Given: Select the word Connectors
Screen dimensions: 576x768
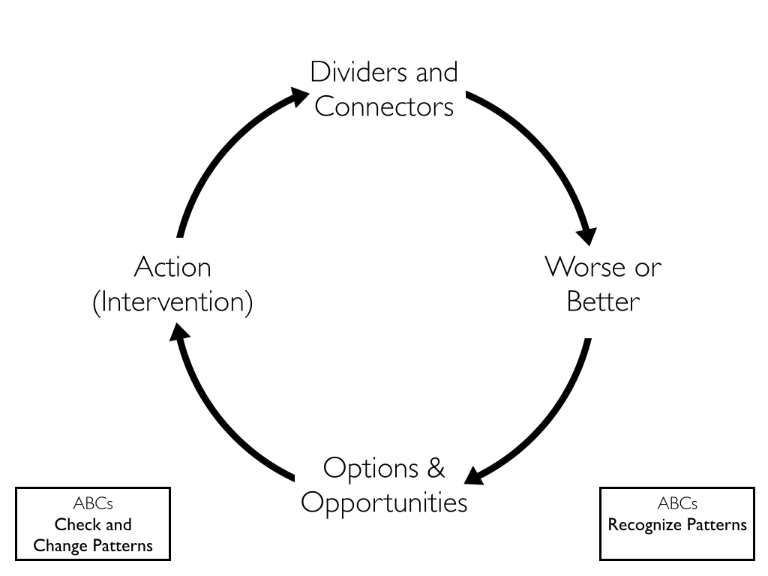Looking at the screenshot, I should [384, 106].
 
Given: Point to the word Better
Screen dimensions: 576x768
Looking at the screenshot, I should [603, 301].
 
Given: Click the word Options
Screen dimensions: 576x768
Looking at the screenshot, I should [370, 469].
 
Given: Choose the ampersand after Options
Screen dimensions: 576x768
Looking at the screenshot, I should [436, 468].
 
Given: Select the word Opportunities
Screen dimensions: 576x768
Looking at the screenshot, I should [384, 502].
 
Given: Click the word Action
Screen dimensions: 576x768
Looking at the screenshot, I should [172, 267].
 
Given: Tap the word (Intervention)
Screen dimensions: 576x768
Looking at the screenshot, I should [172, 301].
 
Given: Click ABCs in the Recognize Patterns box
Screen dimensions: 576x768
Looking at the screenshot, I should [677, 503].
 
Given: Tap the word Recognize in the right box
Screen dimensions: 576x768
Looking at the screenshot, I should [644, 525].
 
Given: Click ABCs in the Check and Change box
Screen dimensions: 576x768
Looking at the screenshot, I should [93, 503].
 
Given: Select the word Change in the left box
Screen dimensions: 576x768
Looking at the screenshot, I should [60, 545].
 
